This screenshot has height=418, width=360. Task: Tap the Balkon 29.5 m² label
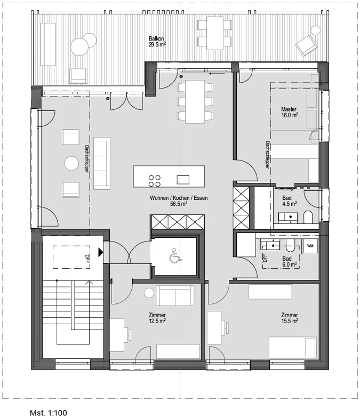(x=157, y=42)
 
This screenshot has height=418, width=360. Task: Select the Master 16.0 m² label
(x=289, y=112)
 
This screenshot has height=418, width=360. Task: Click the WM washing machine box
(x=310, y=246)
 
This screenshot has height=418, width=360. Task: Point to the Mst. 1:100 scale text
(x=49, y=413)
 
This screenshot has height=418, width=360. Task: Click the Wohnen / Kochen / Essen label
(x=179, y=198)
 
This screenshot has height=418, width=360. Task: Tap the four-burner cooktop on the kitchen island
(x=155, y=181)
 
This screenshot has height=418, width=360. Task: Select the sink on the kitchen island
(x=183, y=180)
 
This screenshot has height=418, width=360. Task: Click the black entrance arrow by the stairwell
(x=100, y=252)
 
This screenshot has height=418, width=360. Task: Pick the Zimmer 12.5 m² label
(x=157, y=318)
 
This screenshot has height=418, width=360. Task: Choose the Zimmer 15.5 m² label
(x=290, y=318)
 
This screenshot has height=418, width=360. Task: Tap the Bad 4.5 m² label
(x=290, y=200)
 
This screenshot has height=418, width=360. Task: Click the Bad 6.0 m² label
(x=290, y=261)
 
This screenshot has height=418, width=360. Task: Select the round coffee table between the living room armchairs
(x=71, y=163)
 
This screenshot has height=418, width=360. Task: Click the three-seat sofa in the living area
(x=101, y=163)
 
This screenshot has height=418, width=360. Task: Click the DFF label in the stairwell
(x=87, y=258)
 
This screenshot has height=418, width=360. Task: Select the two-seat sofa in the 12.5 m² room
(x=175, y=295)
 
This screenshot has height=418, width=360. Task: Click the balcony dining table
(x=215, y=33)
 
